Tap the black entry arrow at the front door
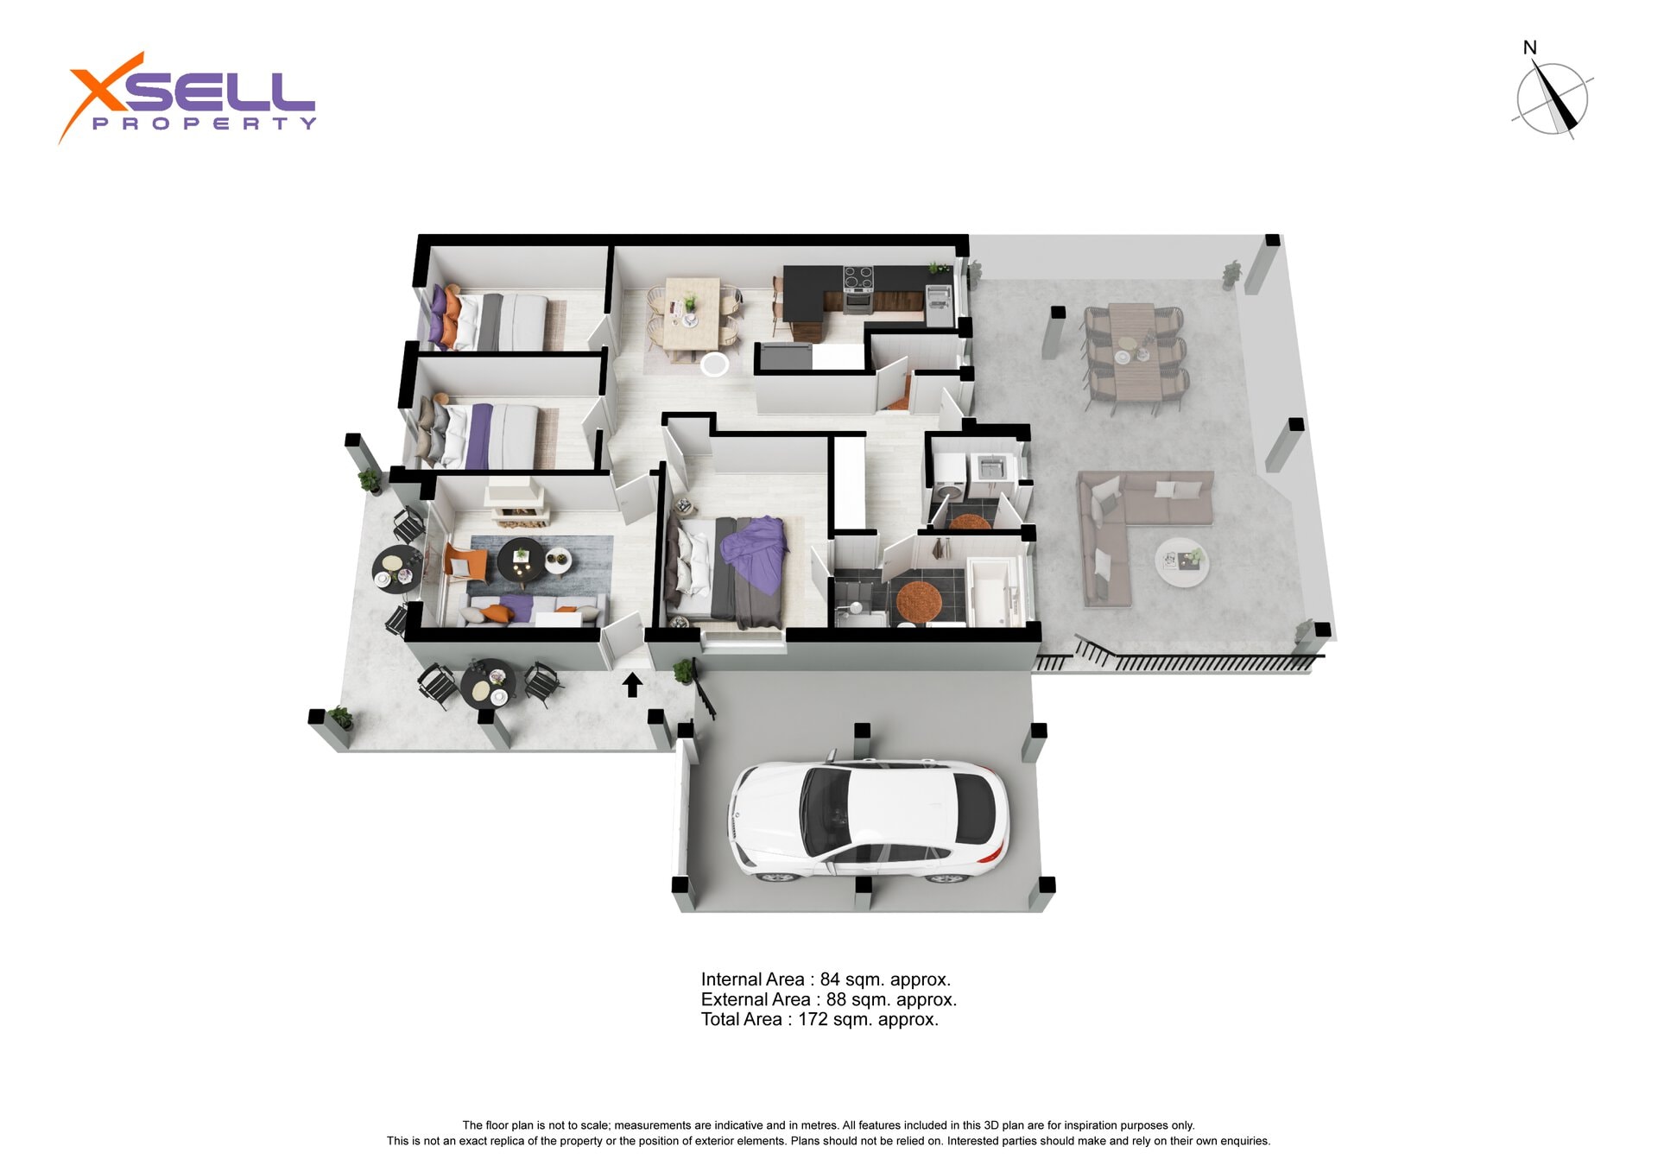pyautogui.click(x=632, y=685)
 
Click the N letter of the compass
pyautogui.click(x=1529, y=48)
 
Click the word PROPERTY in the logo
pyautogui.click(x=204, y=124)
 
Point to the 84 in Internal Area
pyautogui.click(x=830, y=979)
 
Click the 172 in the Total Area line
pyautogui.click(x=813, y=1019)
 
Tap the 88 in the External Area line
pyautogui.click(x=836, y=999)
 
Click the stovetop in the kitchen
pyautogui.click(x=858, y=277)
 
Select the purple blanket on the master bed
pyautogui.click(x=756, y=554)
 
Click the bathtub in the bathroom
pyautogui.click(x=993, y=592)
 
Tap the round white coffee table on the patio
pyautogui.click(x=1181, y=561)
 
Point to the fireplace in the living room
pyautogui.click(x=516, y=502)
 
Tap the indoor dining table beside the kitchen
pyautogui.click(x=692, y=313)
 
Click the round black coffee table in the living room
pyautogui.click(x=521, y=559)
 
